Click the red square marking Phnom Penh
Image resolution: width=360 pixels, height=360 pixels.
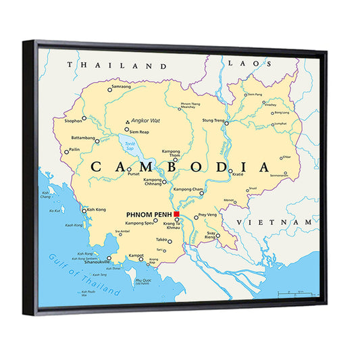pyautogui.click(x=176, y=214)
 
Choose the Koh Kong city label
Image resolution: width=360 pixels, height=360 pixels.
pyautogui.click(x=97, y=209)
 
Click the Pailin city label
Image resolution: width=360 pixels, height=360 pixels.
pyautogui.click(x=74, y=150)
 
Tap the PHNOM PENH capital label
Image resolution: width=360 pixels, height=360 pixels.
pyautogui.click(x=149, y=215)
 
